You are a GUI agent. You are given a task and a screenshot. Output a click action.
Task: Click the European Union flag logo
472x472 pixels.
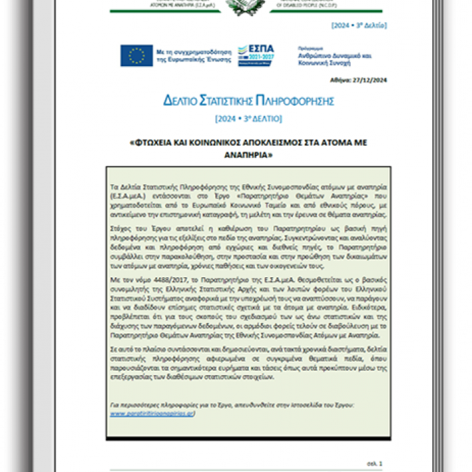click(x=136, y=55)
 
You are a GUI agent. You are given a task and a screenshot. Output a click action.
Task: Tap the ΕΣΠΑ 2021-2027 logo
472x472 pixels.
click(x=256, y=55)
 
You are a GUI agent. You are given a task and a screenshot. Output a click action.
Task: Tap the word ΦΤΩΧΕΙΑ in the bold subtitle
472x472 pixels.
click(x=153, y=143)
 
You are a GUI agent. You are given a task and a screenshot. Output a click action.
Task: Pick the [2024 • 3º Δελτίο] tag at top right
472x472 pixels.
click(x=359, y=26)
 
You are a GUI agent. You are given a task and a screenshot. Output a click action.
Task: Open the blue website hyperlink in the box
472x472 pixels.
click(x=152, y=413)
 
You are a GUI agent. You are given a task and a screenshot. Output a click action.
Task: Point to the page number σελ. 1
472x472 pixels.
click(x=374, y=464)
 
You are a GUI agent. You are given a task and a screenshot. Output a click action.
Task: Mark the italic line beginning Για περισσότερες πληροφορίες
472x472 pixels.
click(x=231, y=405)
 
